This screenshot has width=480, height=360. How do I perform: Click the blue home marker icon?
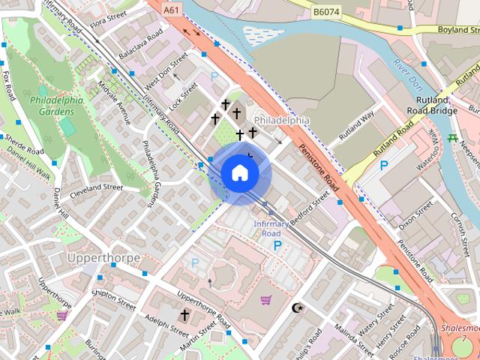(239, 173)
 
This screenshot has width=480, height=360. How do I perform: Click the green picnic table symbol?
(451, 138)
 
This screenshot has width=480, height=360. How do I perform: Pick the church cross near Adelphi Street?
(184, 314)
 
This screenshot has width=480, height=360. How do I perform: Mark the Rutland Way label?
(355, 125)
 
